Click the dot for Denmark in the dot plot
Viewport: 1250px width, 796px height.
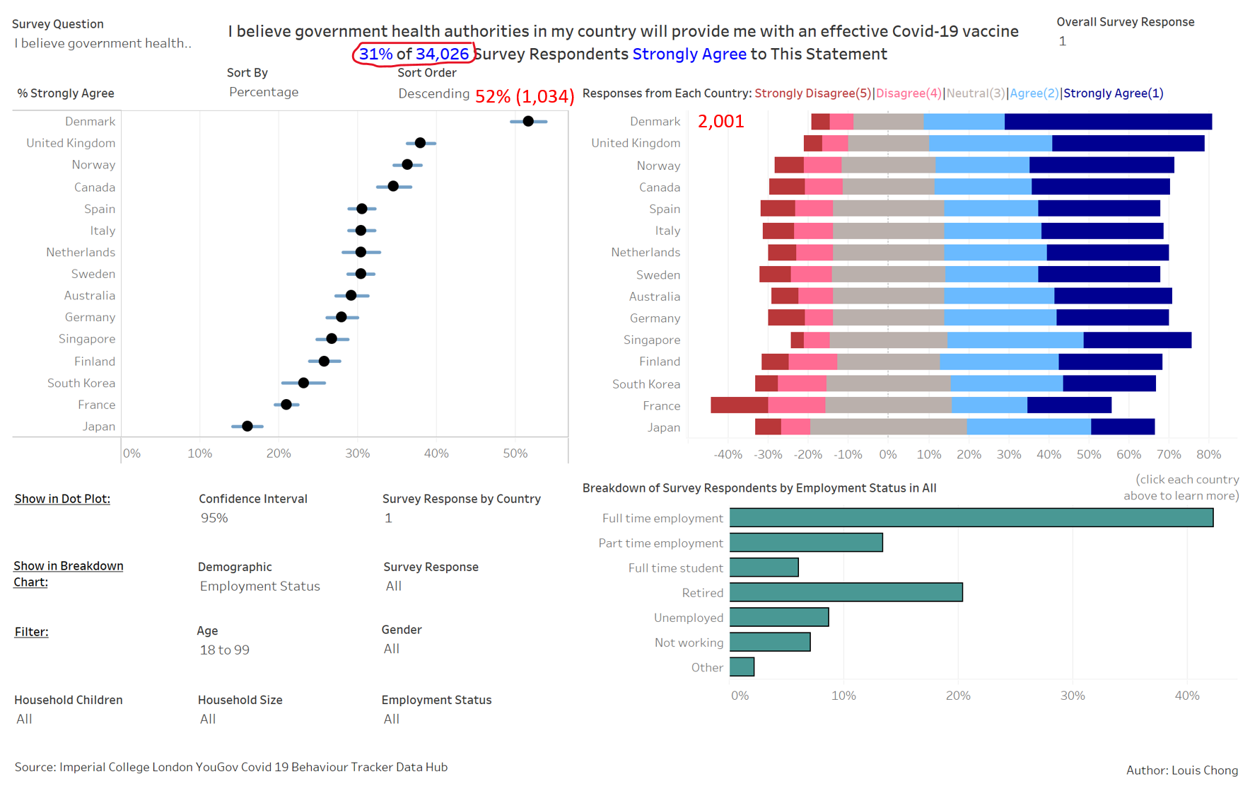click(x=528, y=122)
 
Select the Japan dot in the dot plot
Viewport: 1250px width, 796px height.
click(x=247, y=426)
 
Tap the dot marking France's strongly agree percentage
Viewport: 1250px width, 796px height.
click(x=286, y=405)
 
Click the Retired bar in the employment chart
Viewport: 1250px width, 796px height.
click(x=846, y=592)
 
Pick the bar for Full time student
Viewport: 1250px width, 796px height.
click(x=764, y=567)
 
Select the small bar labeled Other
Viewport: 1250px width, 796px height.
click(x=742, y=667)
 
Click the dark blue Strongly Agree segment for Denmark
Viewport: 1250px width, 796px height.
click(x=1108, y=122)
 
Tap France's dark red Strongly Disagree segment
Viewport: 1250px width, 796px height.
click(x=739, y=405)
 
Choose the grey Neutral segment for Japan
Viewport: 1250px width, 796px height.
click(x=888, y=427)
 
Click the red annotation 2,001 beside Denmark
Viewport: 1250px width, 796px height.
click(x=720, y=122)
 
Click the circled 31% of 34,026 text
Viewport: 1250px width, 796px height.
click(x=414, y=54)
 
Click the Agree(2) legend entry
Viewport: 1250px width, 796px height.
click(x=1034, y=93)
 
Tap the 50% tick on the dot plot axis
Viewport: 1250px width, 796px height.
click(x=515, y=454)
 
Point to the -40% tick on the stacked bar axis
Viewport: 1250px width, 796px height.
click(x=728, y=454)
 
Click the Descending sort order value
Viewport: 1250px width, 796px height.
click(x=433, y=93)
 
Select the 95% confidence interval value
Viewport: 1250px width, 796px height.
click(x=214, y=518)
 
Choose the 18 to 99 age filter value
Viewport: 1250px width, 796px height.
click(x=224, y=650)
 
